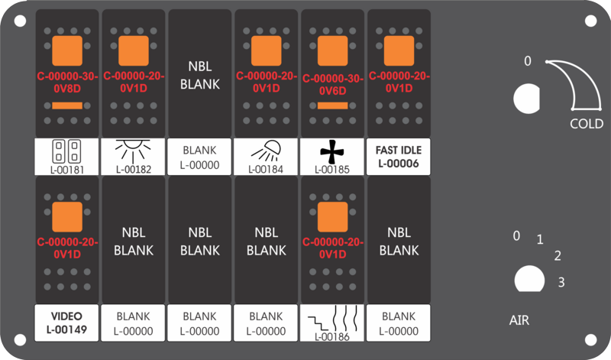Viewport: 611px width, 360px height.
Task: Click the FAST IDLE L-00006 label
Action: [x=398, y=157]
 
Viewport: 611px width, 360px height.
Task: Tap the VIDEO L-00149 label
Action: [x=66, y=323]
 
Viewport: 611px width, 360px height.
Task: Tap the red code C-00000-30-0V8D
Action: [x=67, y=83]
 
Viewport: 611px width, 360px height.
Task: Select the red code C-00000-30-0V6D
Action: [x=333, y=85]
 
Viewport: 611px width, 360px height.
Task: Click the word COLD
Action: [x=587, y=124]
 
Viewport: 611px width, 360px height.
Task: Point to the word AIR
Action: [x=519, y=320]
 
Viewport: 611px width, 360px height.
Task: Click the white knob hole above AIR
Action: [x=529, y=279]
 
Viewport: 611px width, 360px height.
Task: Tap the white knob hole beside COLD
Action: [x=526, y=99]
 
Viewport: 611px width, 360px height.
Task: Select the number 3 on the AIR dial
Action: [x=561, y=282]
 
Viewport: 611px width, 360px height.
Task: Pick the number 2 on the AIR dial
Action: [x=558, y=256]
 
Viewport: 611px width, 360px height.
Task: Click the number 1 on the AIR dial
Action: [x=540, y=239]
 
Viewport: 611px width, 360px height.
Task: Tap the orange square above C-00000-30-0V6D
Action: [x=333, y=50]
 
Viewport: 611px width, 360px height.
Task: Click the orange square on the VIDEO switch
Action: [x=67, y=217]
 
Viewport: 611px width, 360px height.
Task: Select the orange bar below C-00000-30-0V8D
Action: [x=67, y=105]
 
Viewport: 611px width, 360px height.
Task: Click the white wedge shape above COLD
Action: [x=584, y=80]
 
